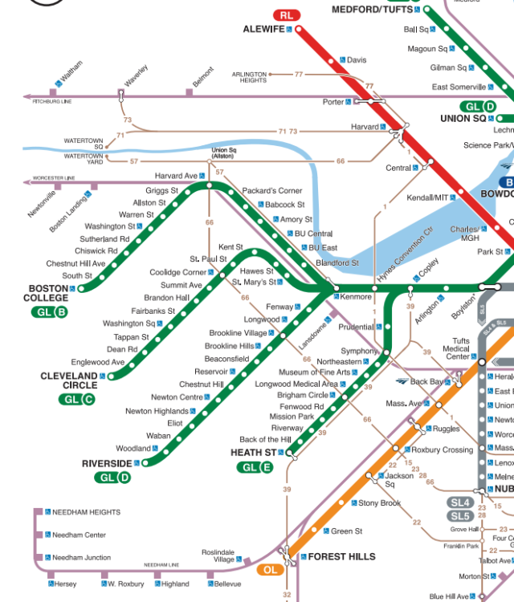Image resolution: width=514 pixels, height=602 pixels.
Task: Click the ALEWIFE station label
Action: pos(263,29)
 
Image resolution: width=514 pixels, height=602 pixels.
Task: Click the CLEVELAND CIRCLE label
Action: pos(69,380)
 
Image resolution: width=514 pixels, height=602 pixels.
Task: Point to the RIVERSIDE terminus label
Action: pos(107,464)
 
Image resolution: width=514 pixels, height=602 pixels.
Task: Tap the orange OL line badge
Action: pos(269,570)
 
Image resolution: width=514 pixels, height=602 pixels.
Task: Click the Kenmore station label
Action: pos(356,297)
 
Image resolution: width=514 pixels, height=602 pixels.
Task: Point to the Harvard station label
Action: pos(365,127)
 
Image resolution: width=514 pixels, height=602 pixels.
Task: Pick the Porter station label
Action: pos(332,102)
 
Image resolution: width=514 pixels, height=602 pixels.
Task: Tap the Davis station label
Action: pos(356,60)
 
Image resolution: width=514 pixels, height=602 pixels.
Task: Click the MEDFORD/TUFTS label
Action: pos(375,10)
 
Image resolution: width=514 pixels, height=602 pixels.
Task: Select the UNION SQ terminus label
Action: pos(463,119)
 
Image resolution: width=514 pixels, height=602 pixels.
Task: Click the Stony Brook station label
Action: pos(379,503)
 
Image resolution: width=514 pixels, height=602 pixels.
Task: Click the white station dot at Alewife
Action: pos(299,30)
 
